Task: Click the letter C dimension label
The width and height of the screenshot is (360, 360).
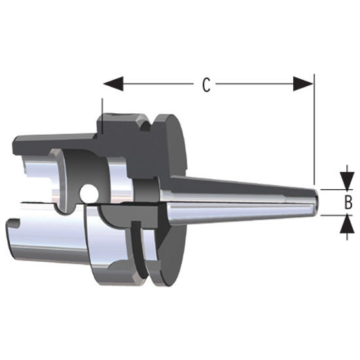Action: pos(206,85)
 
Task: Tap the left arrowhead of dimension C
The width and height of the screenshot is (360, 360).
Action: pos(113,84)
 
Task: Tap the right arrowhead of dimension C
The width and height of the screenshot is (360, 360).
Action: pos(303,84)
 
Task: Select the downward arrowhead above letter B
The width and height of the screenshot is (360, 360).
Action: pos(345,179)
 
